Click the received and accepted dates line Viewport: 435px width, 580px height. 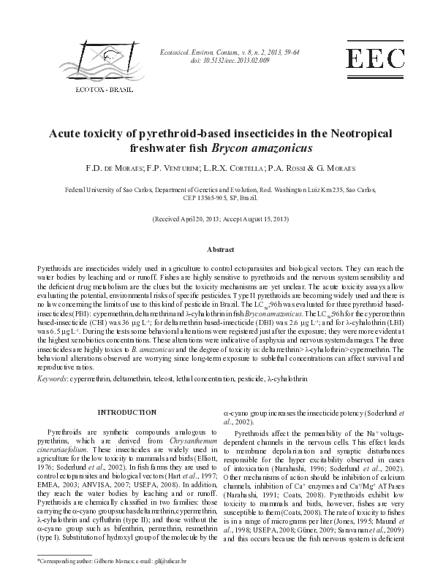pyautogui.click(x=217, y=219)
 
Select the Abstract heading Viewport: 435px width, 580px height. pyautogui.click(x=219, y=250)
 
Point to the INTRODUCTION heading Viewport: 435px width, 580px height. pyautogui.click(x=126, y=413)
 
